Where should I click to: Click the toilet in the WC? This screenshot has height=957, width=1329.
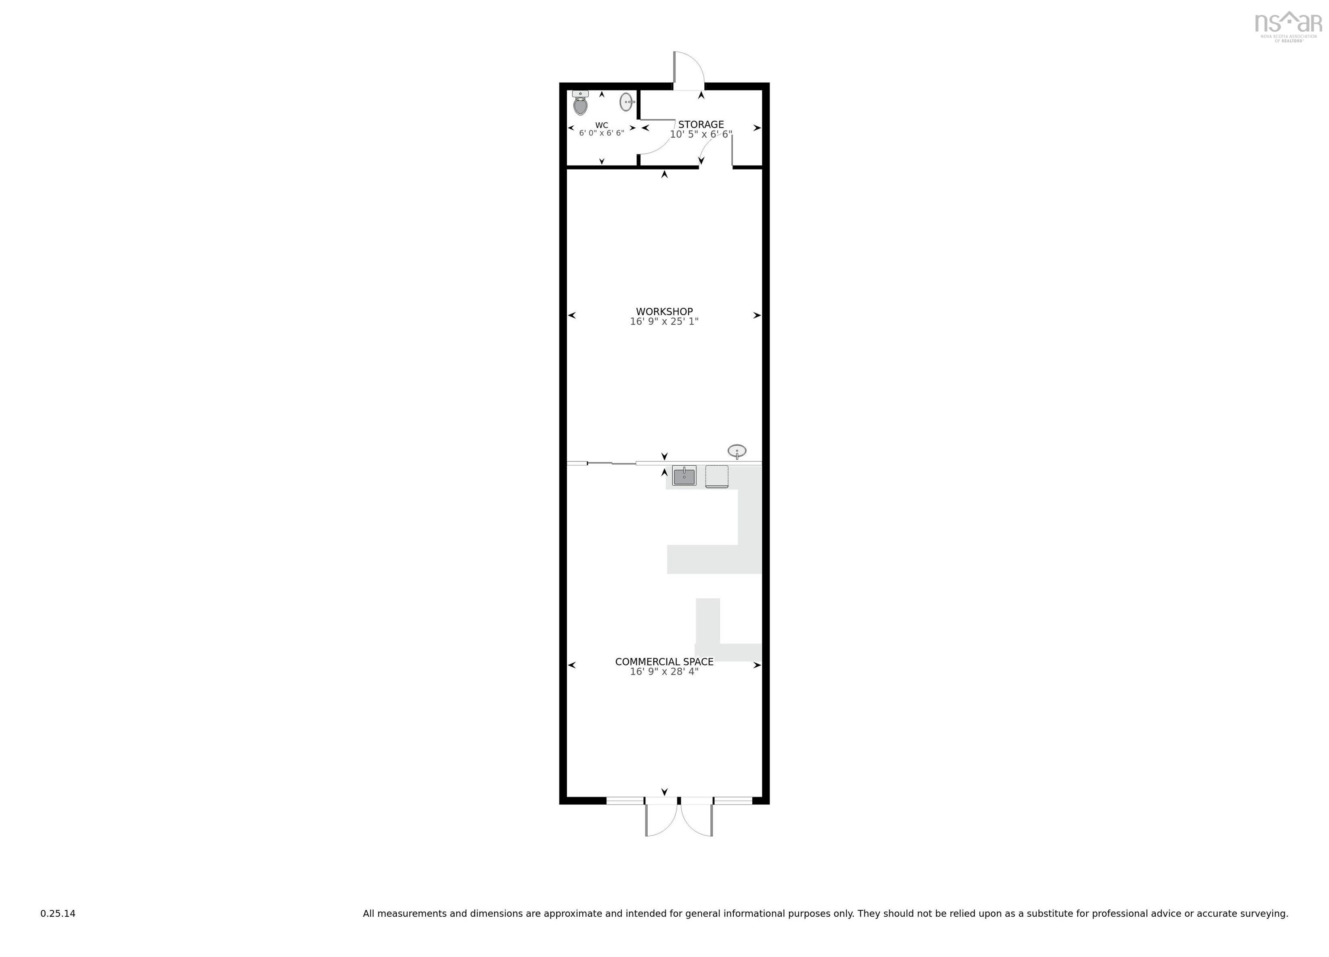[x=580, y=104]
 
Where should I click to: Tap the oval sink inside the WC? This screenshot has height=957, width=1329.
[x=626, y=102]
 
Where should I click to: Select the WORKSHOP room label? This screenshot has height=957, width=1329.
[x=664, y=312]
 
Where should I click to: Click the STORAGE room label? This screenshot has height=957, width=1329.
[x=701, y=125]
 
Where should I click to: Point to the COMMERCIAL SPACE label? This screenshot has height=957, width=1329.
[x=664, y=662]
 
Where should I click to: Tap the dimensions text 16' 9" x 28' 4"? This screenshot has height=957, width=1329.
[x=664, y=672]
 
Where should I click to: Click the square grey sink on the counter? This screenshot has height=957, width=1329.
[x=684, y=476]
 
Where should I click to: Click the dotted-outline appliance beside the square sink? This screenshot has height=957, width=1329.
[x=717, y=476]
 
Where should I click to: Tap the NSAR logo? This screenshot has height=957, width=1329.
[x=1288, y=25]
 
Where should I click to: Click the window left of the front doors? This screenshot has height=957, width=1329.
[x=625, y=800]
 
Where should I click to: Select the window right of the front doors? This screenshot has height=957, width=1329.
[x=732, y=800]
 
